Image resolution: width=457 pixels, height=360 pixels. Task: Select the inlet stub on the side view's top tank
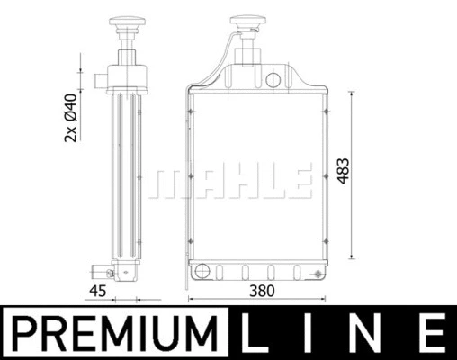[x=102, y=80]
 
